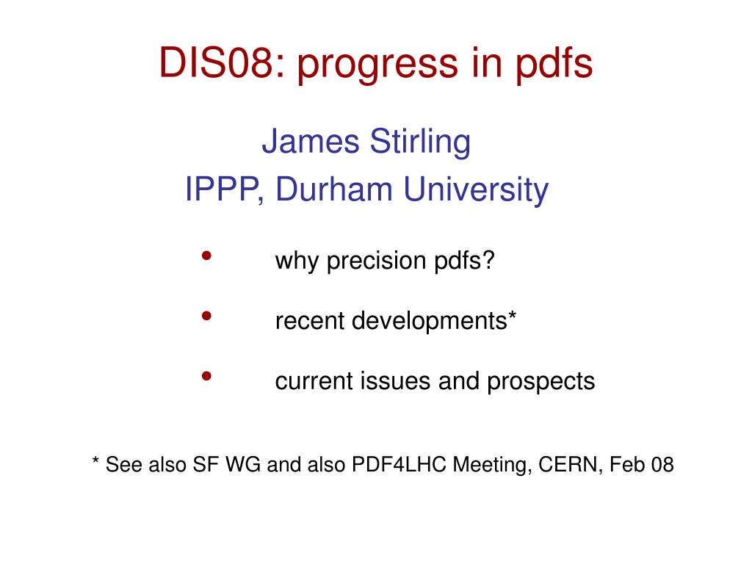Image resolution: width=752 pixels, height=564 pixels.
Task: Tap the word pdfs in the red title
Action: [554, 65]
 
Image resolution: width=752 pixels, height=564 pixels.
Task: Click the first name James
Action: [311, 141]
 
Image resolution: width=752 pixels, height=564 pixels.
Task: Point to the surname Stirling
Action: [420, 142]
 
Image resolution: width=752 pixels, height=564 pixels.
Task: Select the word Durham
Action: [334, 189]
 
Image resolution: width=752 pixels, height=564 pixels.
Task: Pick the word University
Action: [476, 190]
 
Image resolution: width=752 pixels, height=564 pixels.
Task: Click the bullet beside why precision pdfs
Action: [206, 256]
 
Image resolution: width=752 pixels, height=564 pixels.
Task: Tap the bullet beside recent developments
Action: [206, 316]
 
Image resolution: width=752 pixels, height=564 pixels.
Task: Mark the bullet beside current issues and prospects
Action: [206, 376]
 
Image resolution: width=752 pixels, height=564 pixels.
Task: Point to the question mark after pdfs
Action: [488, 260]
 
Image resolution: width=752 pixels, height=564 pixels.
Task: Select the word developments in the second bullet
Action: [429, 322]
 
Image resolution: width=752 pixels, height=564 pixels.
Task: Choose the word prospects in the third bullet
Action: [541, 383]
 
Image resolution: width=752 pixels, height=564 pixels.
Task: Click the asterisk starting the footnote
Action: [95, 460]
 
